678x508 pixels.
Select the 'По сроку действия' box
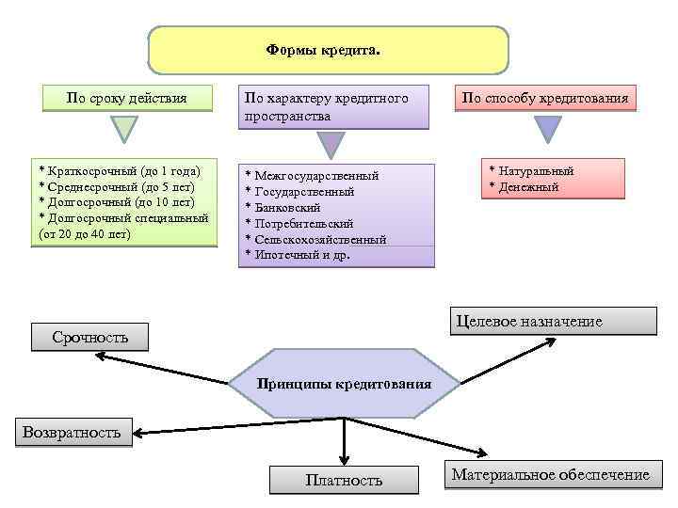tap(125, 98)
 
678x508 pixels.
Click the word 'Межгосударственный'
tap(316, 176)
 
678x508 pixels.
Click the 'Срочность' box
tap(90, 337)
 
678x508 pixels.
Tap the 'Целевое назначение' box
tap(552, 322)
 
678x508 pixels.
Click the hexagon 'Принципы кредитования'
tap(345, 384)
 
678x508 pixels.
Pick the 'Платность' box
tap(344, 480)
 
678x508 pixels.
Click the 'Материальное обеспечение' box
tap(550, 475)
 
